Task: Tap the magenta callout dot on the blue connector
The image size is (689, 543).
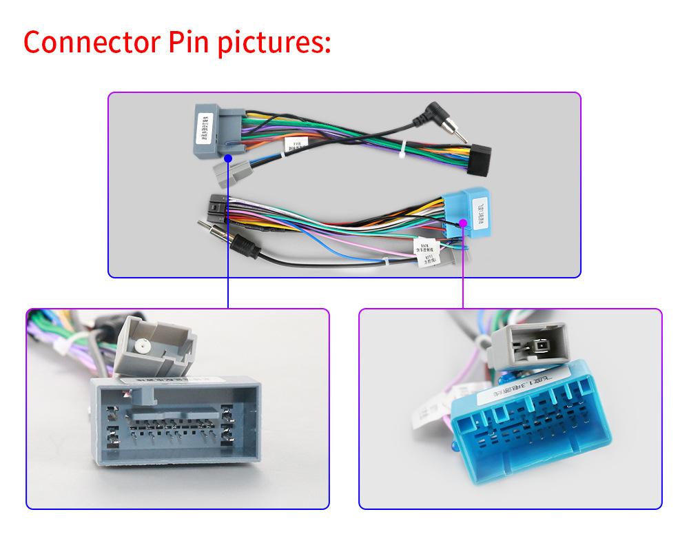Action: tap(463, 222)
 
